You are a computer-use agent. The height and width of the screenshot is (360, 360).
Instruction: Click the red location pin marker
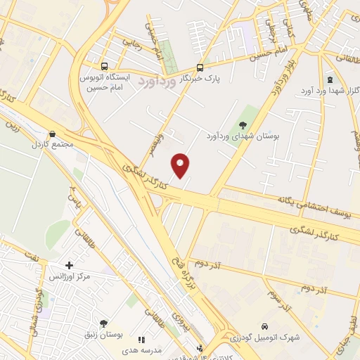[181, 165]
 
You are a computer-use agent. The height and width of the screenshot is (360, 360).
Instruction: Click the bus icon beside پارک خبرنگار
[200, 68]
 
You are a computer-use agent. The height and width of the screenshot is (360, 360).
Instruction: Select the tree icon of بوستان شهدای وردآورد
[243, 124]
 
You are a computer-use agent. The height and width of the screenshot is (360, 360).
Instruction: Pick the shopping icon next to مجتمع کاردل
[52, 134]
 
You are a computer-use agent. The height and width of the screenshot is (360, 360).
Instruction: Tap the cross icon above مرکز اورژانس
[69, 265]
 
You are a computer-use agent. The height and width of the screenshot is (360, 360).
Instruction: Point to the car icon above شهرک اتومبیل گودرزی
[264, 327]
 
